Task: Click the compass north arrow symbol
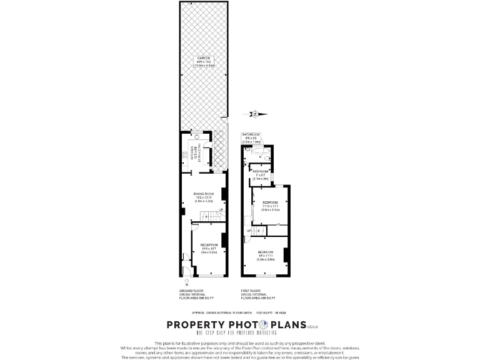coord(254,114)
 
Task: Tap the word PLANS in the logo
coord(288,325)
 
